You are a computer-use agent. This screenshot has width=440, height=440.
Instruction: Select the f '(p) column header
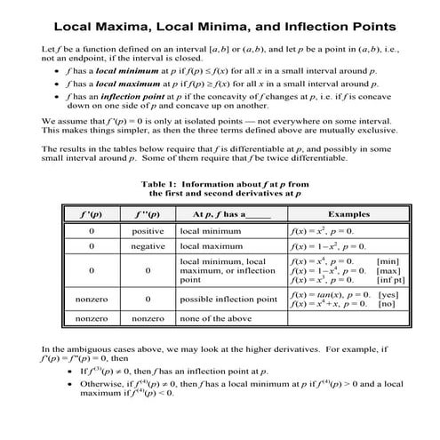tap(92, 214)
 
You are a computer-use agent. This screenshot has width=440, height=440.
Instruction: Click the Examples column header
tap(342, 214)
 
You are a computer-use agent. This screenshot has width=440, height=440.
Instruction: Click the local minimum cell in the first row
tap(210, 229)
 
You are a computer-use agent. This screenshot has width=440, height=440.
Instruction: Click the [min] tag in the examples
tap(388, 261)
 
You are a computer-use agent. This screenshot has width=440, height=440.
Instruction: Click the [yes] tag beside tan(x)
tap(388, 294)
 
